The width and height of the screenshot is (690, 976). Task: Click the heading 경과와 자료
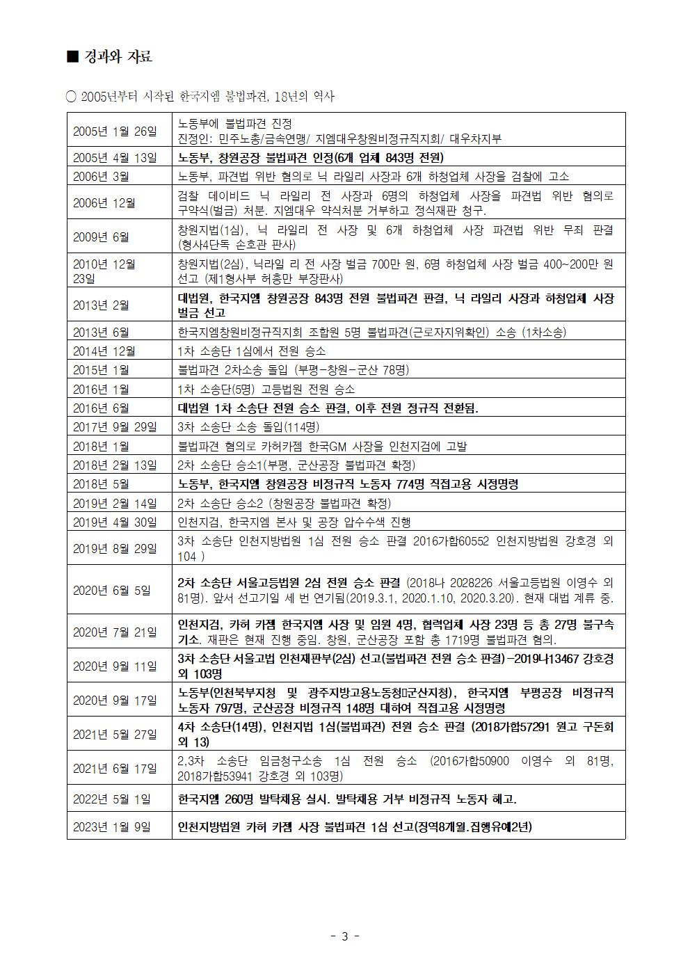[x=116, y=57]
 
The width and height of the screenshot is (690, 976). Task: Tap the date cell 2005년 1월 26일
[x=115, y=131]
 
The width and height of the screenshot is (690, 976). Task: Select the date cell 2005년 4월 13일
[x=115, y=157]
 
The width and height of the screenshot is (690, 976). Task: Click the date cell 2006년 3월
[x=101, y=177]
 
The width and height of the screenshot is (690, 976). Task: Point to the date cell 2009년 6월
[x=101, y=237]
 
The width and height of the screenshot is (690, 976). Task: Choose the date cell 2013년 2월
[x=101, y=305]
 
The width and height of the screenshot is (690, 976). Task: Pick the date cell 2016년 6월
[x=101, y=408]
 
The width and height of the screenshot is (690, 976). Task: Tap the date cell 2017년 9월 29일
[x=115, y=427]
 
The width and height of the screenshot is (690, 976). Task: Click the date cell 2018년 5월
[x=101, y=484]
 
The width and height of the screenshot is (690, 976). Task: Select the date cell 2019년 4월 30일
[x=115, y=522]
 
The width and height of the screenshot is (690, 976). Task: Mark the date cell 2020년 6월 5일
[x=111, y=590]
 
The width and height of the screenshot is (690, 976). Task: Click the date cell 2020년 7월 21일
[x=115, y=632]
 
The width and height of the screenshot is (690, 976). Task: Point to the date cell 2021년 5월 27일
[x=115, y=734]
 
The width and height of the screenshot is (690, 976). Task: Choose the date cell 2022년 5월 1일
[x=111, y=799]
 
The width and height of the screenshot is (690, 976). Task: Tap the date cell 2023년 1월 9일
[x=111, y=827]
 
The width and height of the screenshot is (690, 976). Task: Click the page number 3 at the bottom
[x=345, y=936]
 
